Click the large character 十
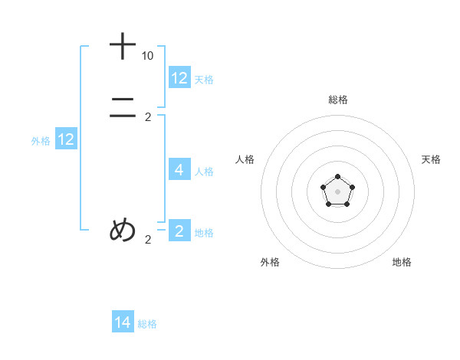tap(123, 47)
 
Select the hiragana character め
tap(123, 230)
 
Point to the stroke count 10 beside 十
tap(147, 56)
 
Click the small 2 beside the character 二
tap(148, 117)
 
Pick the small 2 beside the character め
tap(148, 240)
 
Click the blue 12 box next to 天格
tap(179, 78)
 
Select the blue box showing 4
tap(179, 170)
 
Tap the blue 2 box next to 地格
tap(179, 231)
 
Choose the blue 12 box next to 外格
tap(66, 139)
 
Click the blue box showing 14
tap(123, 323)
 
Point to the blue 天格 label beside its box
tap(204, 79)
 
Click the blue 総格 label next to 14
tap(147, 324)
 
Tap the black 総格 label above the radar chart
tap(337, 100)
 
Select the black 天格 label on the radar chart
tap(431, 159)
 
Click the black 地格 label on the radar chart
tap(402, 262)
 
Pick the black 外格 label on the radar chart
tap(270, 262)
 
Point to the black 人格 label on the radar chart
tap(245, 159)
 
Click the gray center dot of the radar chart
tap(337, 191)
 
